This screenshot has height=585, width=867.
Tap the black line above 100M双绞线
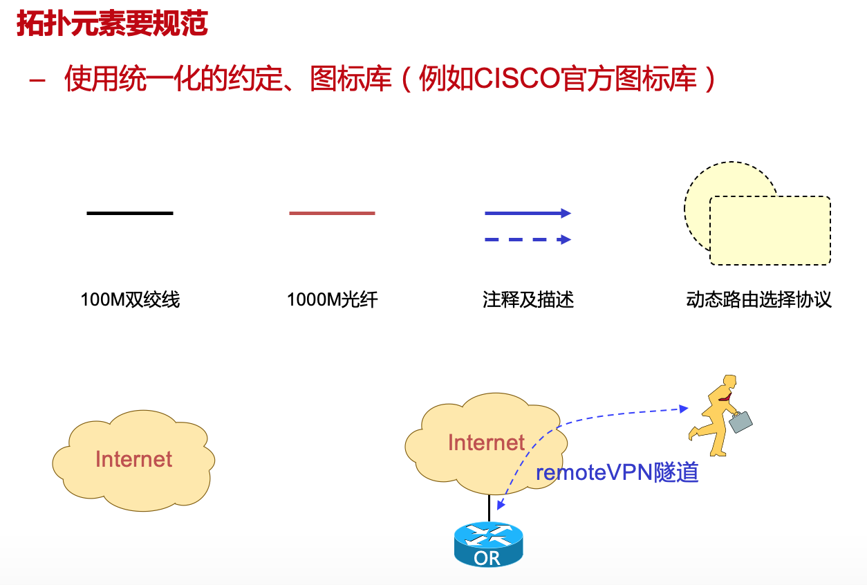(130, 213)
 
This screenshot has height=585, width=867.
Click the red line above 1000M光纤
(332, 213)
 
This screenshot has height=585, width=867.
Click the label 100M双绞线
(130, 299)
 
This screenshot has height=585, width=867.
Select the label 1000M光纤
(332, 299)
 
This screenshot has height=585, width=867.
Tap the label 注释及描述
(528, 299)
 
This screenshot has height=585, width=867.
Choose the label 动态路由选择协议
(758, 299)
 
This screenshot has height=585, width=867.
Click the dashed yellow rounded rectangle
(770, 230)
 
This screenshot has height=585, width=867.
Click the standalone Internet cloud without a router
(133, 460)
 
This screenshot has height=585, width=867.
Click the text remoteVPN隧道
(617, 472)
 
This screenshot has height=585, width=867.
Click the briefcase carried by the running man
(741, 421)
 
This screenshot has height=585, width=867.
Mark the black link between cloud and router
(490, 508)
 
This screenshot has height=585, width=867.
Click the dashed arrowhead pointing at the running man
(684, 409)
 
